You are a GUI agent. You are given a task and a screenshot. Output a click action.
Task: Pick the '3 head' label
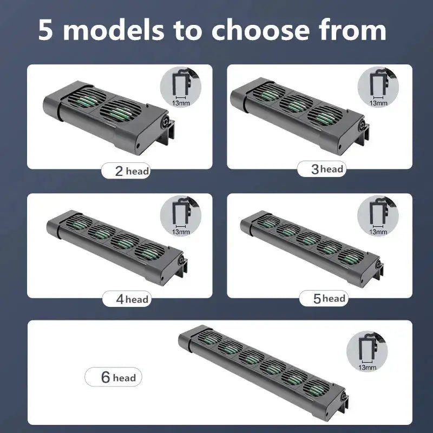click(x=320, y=169)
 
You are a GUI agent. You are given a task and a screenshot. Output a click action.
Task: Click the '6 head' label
click(x=113, y=377)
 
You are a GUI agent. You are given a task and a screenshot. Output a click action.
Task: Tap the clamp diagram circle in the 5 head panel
click(x=377, y=217)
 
